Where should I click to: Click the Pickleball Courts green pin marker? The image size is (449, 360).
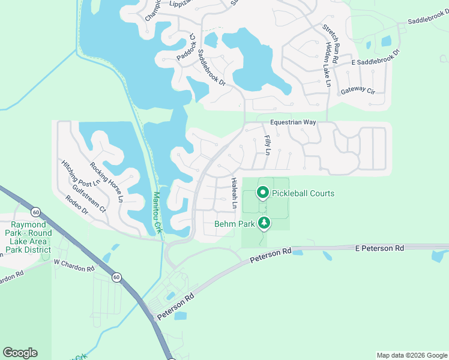(x=262, y=193)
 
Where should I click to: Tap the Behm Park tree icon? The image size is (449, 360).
(x=264, y=224)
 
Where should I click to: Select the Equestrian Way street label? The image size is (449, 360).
(x=292, y=122)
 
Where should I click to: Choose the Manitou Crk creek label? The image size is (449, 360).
(x=157, y=212)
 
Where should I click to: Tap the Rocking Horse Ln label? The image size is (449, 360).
(x=107, y=181)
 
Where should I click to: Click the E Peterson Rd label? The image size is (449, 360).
(x=379, y=248)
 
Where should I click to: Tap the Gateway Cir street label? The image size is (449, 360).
(x=358, y=91)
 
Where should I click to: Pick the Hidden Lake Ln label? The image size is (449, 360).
(x=328, y=64)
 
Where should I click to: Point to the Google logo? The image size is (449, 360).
(x=20, y=352)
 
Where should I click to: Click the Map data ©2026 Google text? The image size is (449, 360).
(x=411, y=355)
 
